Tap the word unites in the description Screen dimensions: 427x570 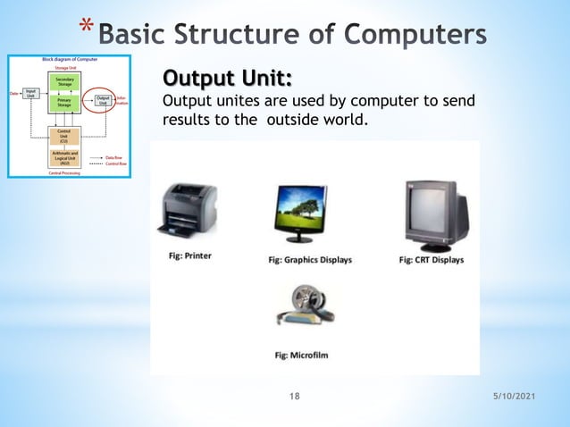(x=234, y=100)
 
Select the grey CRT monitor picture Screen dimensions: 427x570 (x=435, y=213)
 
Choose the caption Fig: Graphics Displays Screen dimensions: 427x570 (x=310, y=260)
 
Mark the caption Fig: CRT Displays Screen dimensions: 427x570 (x=431, y=260)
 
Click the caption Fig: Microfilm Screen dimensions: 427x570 (x=301, y=355)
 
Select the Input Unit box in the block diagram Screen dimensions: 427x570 (x=30, y=92)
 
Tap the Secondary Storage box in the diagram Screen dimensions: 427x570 (x=64, y=81)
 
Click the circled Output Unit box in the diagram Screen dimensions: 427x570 (x=103, y=101)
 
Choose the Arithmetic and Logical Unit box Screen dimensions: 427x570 (x=64, y=158)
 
